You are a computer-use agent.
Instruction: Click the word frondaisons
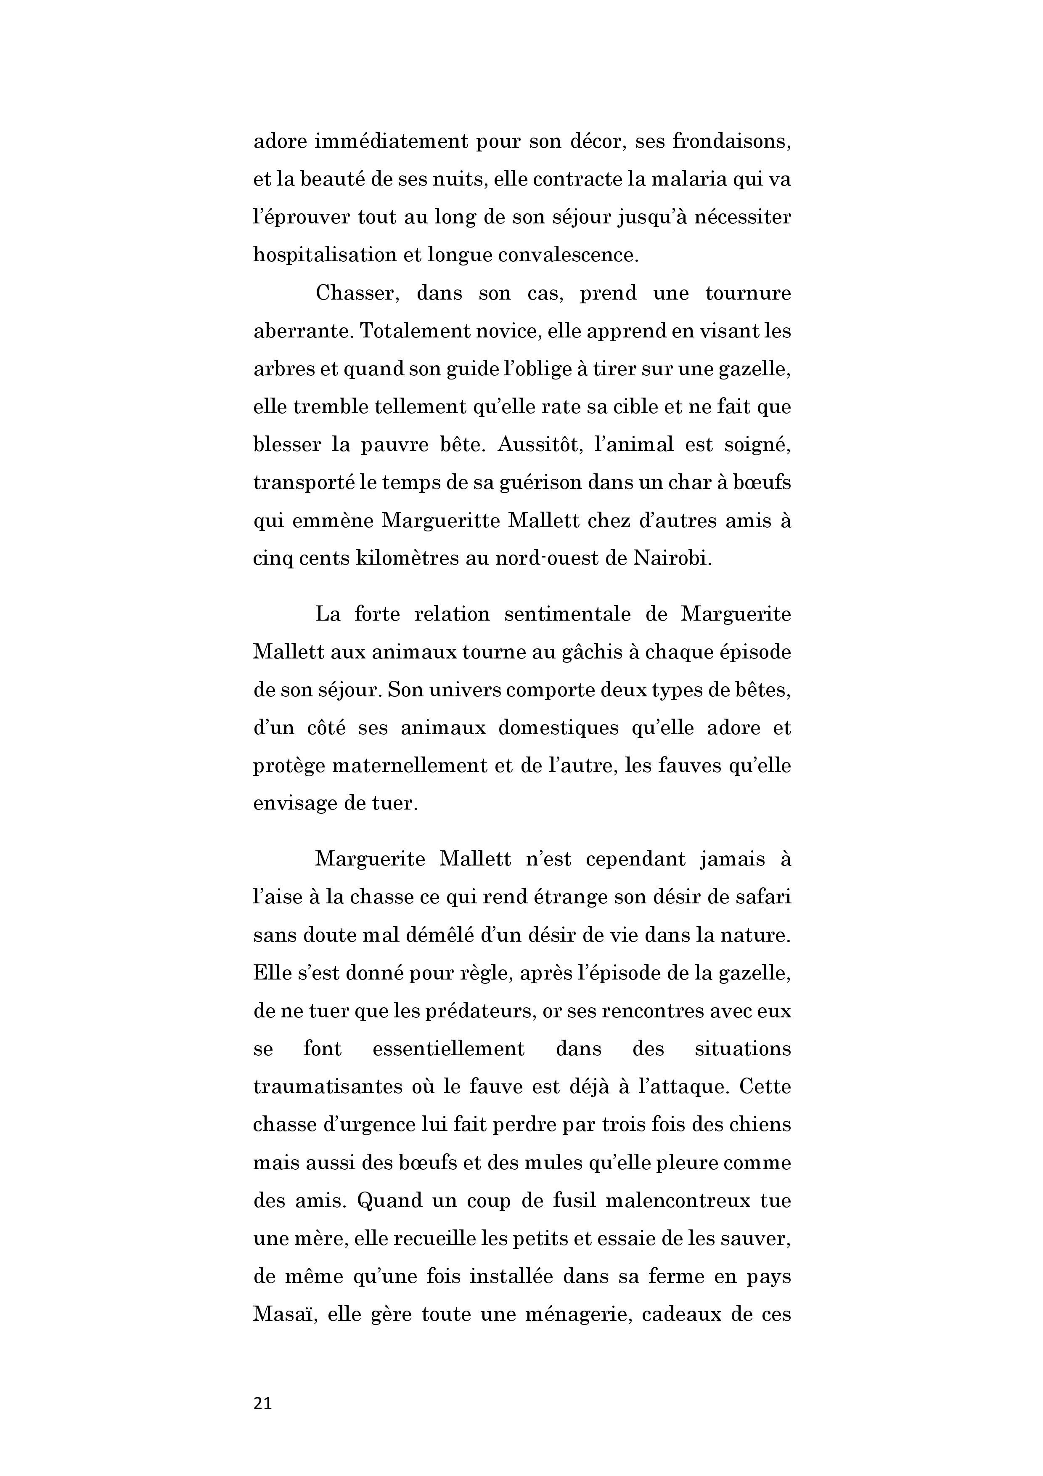pyautogui.click(x=731, y=141)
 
